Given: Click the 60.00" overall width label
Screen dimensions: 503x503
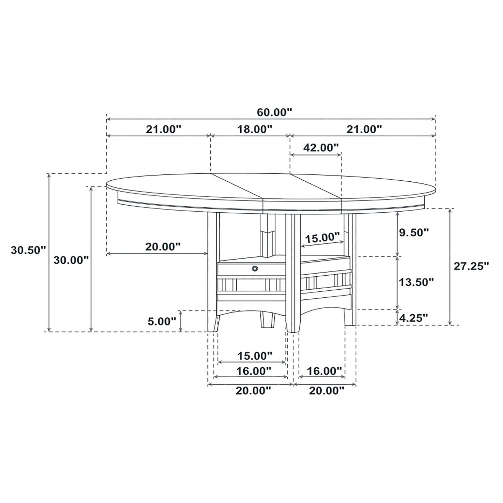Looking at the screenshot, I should (274, 112).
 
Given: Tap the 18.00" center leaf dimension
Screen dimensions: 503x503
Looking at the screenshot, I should (254, 129).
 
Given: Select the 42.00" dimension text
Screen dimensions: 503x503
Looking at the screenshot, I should (321, 147).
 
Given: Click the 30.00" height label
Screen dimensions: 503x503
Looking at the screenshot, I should (71, 260).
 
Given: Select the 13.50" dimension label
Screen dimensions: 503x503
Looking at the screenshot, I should (416, 282).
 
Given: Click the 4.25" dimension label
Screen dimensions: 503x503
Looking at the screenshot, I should (414, 317).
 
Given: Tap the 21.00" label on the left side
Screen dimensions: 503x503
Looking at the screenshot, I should (164, 129).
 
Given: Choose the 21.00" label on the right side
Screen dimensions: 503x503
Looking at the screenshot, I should (364, 129).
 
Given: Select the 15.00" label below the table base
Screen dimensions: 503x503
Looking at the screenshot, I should (254, 356).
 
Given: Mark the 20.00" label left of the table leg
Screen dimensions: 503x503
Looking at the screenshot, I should (163, 247).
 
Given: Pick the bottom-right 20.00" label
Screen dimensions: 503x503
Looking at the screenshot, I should (327, 391).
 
